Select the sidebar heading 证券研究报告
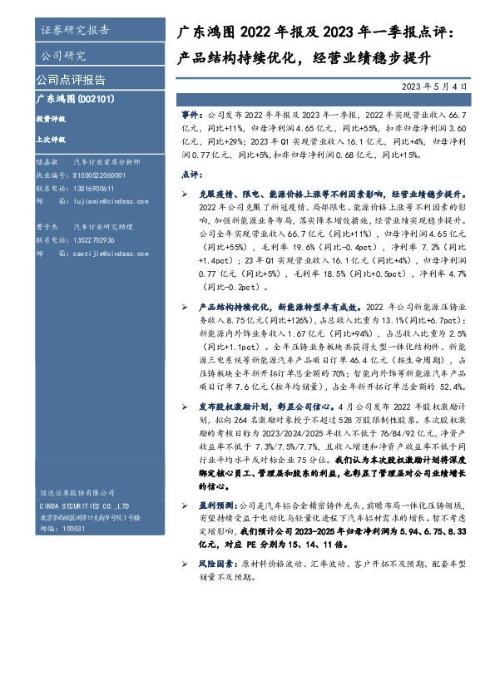click(x=74, y=31)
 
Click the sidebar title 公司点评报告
click(x=71, y=81)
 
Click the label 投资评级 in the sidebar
click(x=49, y=120)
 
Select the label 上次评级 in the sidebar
click(x=49, y=140)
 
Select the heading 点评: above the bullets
click(x=191, y=175)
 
